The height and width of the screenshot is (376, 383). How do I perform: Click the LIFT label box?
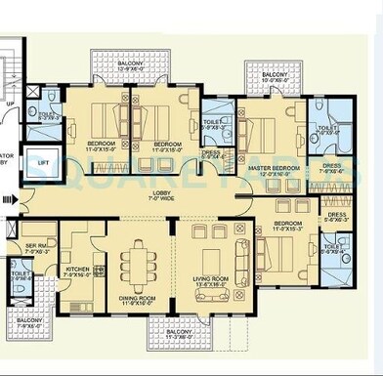[x=42, y=162]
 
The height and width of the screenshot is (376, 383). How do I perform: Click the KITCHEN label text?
[x=78, y=272]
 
